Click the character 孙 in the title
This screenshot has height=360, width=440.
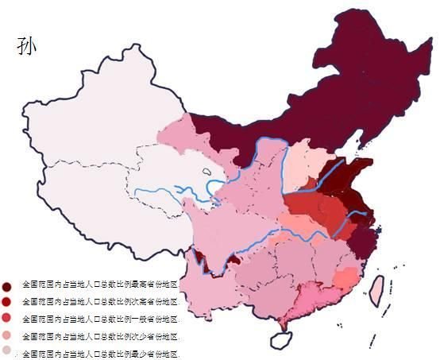click(x=25, y=45)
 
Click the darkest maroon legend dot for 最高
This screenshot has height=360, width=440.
click(x=6, y=285)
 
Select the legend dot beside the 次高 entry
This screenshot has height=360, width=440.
click(x=6, y=302)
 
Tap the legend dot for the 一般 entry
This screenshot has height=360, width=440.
click(x=6, y=318)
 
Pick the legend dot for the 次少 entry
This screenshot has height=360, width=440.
click(x=6, y=335)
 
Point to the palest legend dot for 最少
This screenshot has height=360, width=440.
click(x=6, y=351)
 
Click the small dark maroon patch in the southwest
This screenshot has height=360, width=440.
click(x=200, y=257)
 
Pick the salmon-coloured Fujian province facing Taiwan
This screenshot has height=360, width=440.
click(x=345, y=278)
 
